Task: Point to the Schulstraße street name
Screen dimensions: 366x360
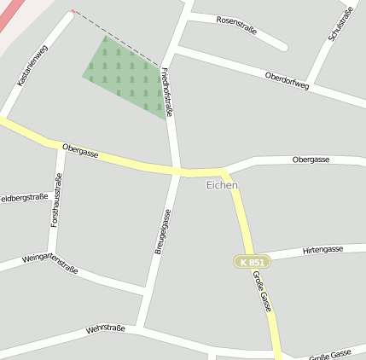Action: click(x=340, y=25)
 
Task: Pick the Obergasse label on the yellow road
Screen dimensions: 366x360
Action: click(x=80, y=153)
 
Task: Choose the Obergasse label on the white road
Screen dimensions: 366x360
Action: click(x=311, y=160)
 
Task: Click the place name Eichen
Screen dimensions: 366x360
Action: click(x=222, y=184)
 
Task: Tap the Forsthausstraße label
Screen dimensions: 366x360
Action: click(x=55, y=199)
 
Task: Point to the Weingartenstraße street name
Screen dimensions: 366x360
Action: click(x=49, y=263)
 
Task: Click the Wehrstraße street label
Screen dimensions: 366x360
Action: click(x=106, y=328)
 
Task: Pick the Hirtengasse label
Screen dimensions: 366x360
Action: click(x=311, y=250)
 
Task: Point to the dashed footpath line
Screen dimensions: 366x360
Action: click(x=119, y=38)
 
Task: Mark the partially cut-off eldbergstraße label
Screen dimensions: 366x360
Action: click(x=23, y=197)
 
